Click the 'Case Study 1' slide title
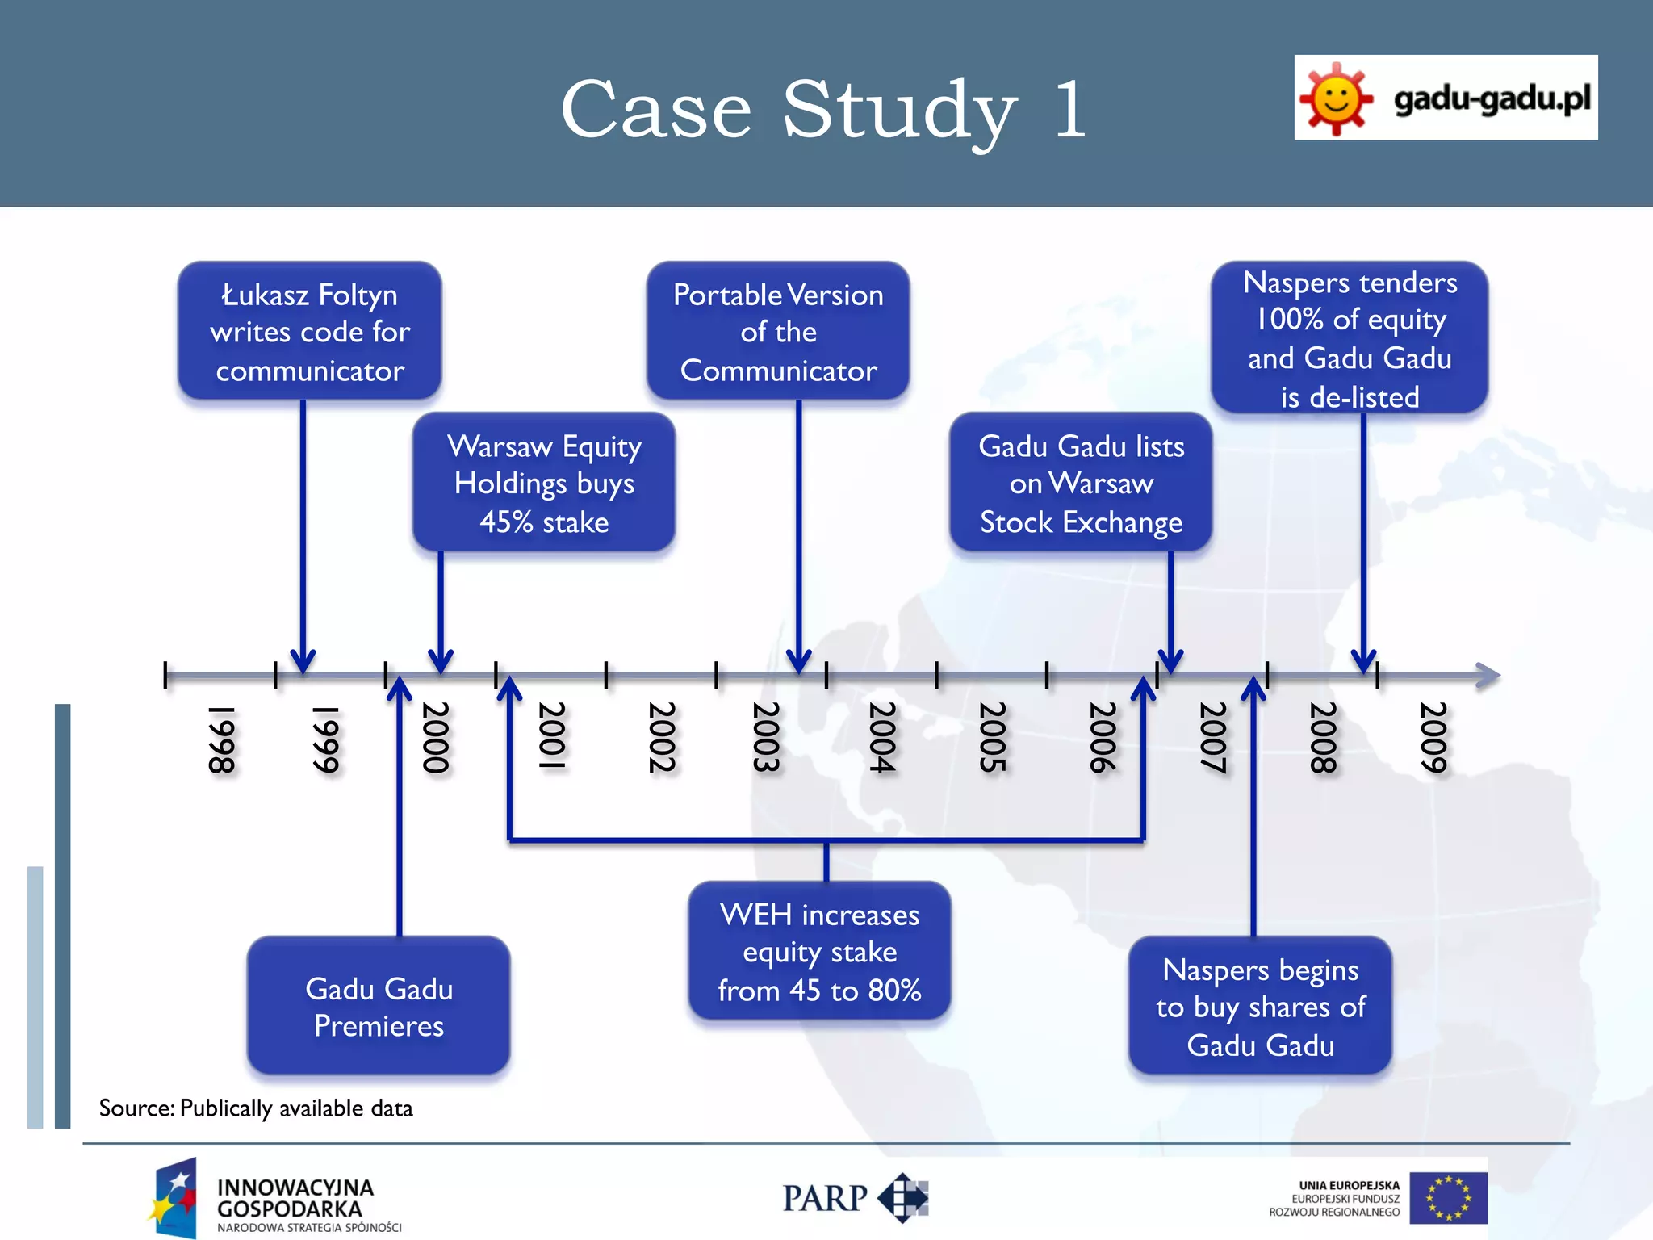pos(823,109)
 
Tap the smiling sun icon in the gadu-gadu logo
pos(1336,99)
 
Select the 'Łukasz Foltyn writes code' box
pos(310,331)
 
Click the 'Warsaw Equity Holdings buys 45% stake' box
pos(544,483)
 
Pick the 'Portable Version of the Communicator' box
pos(778,331)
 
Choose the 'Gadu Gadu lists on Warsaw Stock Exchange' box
pos(1081,483)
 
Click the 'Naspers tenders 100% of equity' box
pos(1350,338)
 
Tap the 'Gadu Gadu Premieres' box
pos(379,1006)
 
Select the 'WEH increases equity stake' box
pos(819,952)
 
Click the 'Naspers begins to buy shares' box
pos(1260,1006)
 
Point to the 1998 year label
pos(221,739)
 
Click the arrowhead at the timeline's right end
pos(1488,676)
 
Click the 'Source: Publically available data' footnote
pos(256,1108)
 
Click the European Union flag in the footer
pos(1448,1198)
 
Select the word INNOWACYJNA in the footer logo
pos(295,1188)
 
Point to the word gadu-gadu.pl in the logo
pos(1492,99)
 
